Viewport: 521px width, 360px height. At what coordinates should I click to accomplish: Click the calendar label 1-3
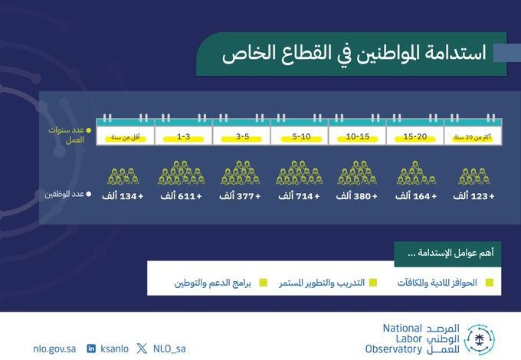click(183, 136)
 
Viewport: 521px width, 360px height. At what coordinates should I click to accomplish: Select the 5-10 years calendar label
click(301, 136)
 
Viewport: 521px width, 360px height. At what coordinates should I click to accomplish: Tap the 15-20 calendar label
click(415, 136)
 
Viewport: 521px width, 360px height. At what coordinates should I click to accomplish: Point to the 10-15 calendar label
click(358, 136)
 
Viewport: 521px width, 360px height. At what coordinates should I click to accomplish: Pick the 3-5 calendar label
click(243, 136)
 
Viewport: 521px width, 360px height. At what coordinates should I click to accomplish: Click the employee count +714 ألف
click(299, 196)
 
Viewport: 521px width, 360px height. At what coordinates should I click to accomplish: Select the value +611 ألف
click(181, 196)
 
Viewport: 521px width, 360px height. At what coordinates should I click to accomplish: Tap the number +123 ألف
click(473, 196)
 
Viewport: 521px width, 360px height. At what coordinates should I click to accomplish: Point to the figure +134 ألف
click(123, 196)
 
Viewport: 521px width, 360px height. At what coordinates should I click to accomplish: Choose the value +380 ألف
click(357, 196)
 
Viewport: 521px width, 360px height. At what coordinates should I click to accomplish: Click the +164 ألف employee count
click(416, 196)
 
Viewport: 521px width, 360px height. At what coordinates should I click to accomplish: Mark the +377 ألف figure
click(240, 196)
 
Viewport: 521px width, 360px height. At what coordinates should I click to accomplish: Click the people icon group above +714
click(300, 172)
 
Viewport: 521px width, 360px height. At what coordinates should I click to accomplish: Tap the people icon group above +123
click(474, 176)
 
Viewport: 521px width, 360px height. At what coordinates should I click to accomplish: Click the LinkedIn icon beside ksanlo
click(91, 349)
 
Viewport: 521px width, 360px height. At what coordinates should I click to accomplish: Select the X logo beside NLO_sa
click(142, 349)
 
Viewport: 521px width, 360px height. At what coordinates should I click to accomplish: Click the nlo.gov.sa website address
click(54, 349)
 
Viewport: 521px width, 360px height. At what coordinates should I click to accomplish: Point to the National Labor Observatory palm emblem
click(479, 340)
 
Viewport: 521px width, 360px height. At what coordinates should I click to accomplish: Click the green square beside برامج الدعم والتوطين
click(263, 283)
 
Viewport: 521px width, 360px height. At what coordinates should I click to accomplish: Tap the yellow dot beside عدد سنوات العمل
click(89, 130)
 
